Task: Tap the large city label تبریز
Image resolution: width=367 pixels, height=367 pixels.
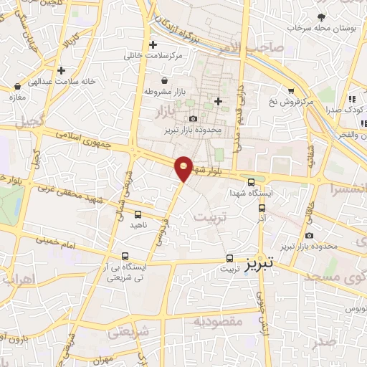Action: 259,263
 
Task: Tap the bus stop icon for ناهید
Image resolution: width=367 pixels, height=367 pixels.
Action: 138,214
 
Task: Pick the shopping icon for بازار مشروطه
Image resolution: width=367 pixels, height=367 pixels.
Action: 166,81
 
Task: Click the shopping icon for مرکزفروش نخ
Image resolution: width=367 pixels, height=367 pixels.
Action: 291,91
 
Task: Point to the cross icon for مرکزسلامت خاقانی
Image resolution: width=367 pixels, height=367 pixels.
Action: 153,44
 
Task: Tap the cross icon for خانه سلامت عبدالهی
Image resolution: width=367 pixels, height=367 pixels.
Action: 62,71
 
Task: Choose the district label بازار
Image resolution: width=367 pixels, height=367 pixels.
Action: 164,113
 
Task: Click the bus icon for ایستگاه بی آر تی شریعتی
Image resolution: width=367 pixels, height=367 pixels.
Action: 125,256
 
